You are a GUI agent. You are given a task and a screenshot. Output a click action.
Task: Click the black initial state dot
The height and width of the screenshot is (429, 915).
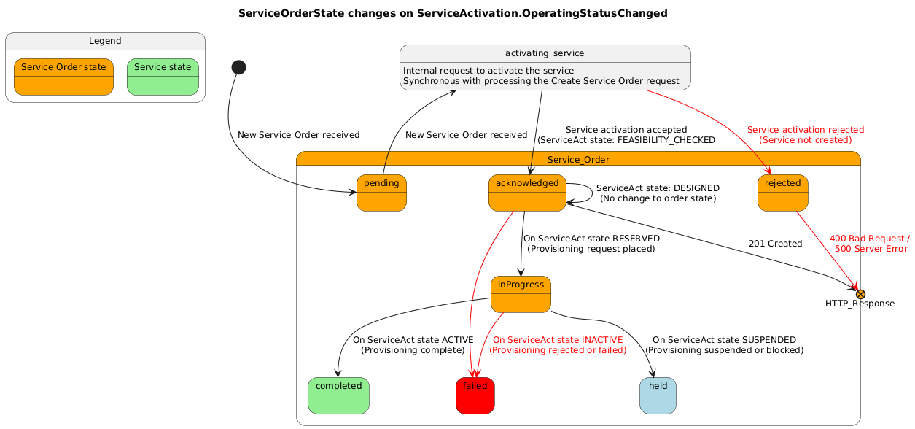coord(238,67)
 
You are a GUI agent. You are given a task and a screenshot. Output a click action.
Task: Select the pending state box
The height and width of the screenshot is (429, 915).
coord(381,193)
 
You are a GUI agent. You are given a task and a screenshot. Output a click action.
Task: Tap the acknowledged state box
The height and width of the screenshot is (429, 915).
coord(527,193)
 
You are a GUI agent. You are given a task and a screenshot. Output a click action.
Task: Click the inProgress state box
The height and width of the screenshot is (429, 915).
coord(521,294)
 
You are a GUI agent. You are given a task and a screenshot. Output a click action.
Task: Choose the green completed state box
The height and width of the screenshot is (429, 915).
coord(338,395)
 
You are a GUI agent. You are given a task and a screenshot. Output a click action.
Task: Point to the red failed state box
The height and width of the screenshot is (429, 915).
coord(475,395)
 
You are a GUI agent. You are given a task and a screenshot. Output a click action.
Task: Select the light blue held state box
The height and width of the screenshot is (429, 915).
coord(658,395)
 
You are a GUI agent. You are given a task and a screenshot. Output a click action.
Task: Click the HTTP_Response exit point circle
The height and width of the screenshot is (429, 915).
coord(860,293)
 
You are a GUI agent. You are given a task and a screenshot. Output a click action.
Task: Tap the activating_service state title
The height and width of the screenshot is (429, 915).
coord(545,53)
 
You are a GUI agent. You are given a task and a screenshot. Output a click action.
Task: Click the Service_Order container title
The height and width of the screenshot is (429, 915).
coord(578,160)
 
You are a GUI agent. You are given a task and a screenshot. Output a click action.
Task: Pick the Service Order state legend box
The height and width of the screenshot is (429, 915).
coord(63,77)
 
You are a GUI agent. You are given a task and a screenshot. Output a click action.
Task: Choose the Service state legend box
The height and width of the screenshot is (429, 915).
coord(163,77)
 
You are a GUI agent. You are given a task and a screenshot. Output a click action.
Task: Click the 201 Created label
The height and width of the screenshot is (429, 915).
coord(775,244)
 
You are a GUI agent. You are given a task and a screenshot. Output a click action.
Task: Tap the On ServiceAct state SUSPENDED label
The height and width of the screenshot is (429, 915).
coord(724,345)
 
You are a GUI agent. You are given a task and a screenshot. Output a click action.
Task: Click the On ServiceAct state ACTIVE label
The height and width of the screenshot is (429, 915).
coord(413,345)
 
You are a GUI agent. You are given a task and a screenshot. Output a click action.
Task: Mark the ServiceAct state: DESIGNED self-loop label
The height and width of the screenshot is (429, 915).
coord(658,193)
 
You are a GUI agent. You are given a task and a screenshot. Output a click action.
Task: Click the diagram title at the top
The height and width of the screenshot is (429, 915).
coord(453,13)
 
